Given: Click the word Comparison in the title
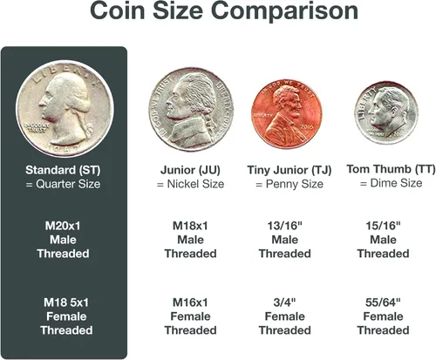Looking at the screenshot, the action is click(285, 11).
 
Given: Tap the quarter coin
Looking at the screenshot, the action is click(65, 109).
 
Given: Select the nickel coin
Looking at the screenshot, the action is click(191, 110).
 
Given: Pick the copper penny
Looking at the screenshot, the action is click(287, 113).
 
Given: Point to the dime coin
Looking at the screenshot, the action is click(386, 112).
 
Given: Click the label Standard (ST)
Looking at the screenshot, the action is click(63, 170).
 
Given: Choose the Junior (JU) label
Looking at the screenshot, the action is click(190, 170).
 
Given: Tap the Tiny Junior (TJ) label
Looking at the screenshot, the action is click(290, 170).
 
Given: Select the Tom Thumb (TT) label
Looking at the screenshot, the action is click(391, 169).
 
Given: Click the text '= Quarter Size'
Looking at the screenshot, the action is click(63, 184).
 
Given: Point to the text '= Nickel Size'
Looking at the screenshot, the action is click(190, 184).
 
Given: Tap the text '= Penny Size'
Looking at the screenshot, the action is click(290, 184).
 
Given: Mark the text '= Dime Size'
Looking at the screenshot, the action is click(391, 183).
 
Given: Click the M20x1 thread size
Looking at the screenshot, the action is click(63, 226).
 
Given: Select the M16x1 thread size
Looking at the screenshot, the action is click(190, 302).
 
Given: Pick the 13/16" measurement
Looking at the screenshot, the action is click(285, 226).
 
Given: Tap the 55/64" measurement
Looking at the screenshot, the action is click(383, 302).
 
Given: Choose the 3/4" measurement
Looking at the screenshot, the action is click(285, 302).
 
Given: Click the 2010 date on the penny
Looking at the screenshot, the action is click(307, 127).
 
